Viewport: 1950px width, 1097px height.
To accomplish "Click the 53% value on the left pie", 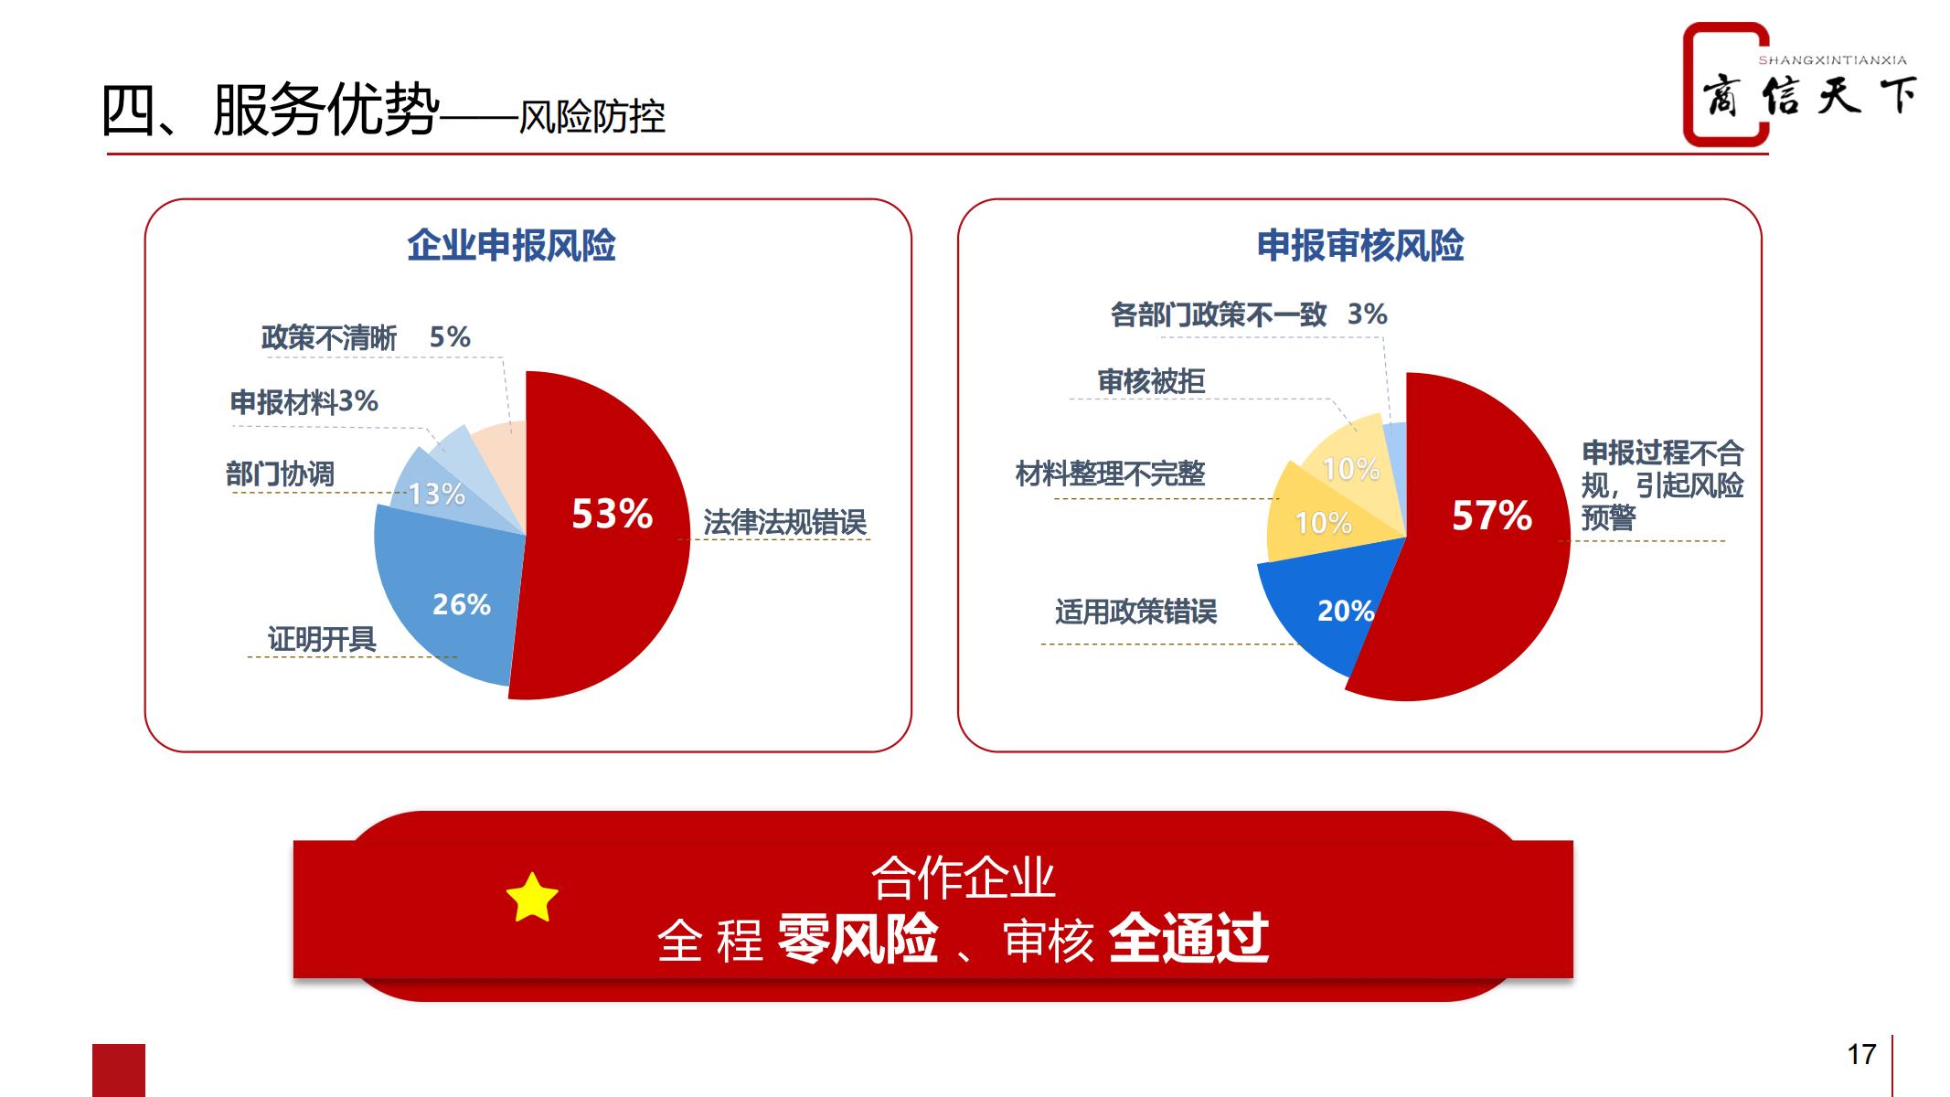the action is point(612,514).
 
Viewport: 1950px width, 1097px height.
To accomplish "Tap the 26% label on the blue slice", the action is point(462,604).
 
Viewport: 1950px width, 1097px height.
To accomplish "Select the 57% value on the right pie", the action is point(1492,516).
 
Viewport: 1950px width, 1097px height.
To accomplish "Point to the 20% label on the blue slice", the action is point(1346,611).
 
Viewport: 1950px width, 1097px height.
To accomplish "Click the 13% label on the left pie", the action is point(437,495).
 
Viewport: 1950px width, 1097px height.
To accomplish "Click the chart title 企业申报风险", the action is point(511,246).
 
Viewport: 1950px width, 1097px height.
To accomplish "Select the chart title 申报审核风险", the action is point(1360,246).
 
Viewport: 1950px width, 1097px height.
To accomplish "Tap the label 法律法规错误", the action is point(784,522).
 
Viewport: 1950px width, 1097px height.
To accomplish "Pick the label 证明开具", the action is point(322,638).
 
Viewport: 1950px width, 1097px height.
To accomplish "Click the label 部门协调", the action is point(280,474).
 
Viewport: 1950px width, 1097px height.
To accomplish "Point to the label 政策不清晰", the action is point(329,337).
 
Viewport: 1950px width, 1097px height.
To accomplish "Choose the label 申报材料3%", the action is point(304,401).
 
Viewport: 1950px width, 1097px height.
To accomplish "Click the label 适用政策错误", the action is point(1136,611).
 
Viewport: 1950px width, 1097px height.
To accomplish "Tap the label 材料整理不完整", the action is point(1110,473).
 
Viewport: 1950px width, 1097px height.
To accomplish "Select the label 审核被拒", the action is point(1151,380).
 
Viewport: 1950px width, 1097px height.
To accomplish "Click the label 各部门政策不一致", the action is point(1219,314).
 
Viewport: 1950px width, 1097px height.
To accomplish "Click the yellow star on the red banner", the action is point(532,897).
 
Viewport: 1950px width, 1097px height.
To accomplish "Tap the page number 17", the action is point(1861,1054).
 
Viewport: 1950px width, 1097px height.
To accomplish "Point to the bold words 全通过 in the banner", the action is point(1188,938).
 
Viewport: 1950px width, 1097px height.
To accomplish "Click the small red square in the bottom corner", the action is point(119,1070).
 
